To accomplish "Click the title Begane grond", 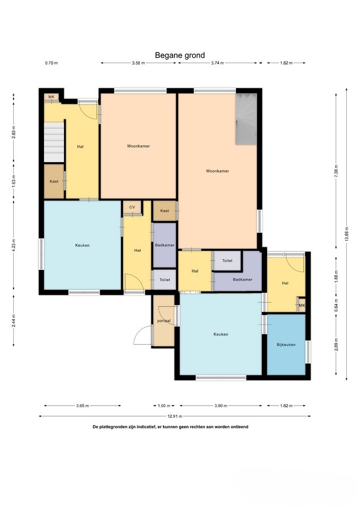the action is click(x=180, y=55).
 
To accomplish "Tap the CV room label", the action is click(x=132, y=207).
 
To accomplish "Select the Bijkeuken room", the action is click(x=286, y=345).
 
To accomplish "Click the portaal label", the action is click(x=164, y=321).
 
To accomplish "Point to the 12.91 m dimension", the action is click(x=174, y=416).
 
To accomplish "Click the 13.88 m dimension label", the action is click(x=347, y=234).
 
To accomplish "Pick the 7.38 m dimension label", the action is click(x=336, y=170).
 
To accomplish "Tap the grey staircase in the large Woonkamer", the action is click(x=246, y=119).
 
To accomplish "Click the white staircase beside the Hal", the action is click(x=54, y=142).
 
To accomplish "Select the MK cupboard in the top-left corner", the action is click(x=51, y=97).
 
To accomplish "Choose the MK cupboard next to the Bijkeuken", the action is click(x=302, y=305).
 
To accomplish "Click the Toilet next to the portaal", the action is click(x=164, y=279).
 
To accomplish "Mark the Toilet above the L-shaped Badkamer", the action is click(x=227, y=260).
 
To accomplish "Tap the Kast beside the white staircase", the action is click(x=54, y=181).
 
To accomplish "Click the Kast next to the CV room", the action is click(x=164, y=210).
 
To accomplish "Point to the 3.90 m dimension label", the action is click(x=221, y=406).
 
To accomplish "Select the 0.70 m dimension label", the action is click(x=51, y=63).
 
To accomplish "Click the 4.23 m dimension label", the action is click(x=14, y=245).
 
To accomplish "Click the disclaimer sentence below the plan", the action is click(x=170, y=427).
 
